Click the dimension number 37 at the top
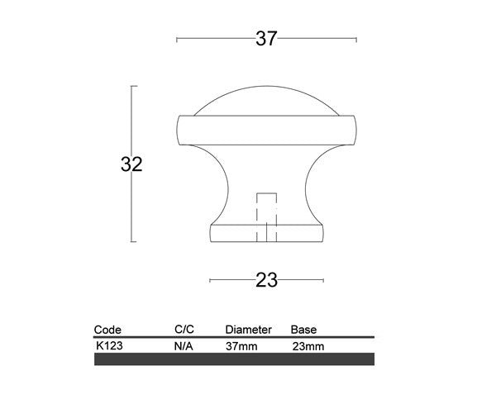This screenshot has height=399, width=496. click(266, 38)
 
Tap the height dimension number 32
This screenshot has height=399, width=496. click(131, 164)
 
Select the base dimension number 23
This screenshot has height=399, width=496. click(266, 279)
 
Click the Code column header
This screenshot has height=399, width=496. click(107, 330)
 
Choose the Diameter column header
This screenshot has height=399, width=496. click(248, 330)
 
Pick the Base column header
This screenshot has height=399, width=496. click(303, 330)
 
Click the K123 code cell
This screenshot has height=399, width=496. click(109, 346)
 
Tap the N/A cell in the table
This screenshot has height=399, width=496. click(184, 347)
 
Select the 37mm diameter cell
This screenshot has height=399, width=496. click(241, 347)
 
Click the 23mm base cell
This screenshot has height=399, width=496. click(308, 347)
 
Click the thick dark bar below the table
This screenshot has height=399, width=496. click(235, 359)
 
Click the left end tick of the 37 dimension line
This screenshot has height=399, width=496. click(178, 39)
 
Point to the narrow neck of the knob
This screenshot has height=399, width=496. click(266, 178)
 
